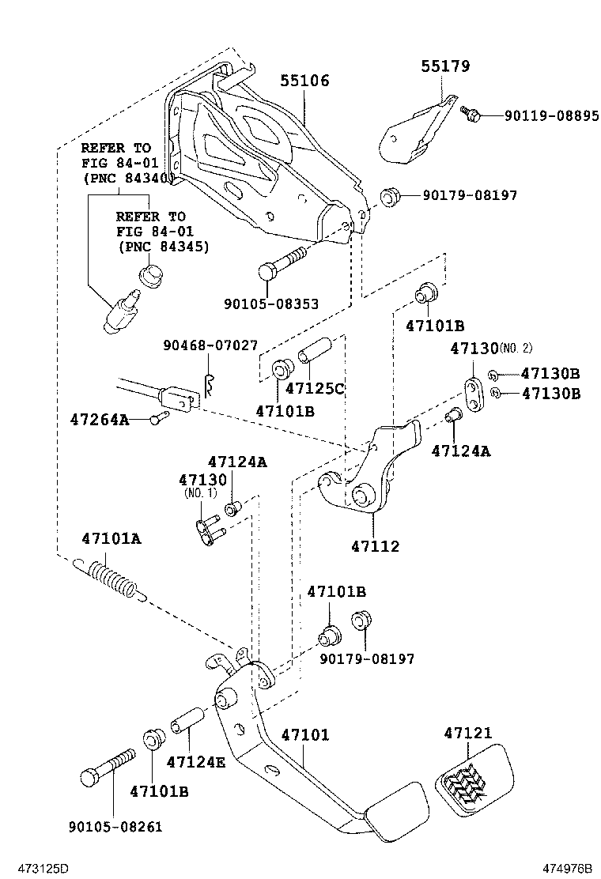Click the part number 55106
pos(304,81)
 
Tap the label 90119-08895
pos(552,115)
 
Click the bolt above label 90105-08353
pos(281,262)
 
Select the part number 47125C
pos(315,389)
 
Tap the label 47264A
pos(99,420)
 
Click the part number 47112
pos(376,546)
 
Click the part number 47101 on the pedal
pos(304,735)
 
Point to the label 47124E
pos(195,763)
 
